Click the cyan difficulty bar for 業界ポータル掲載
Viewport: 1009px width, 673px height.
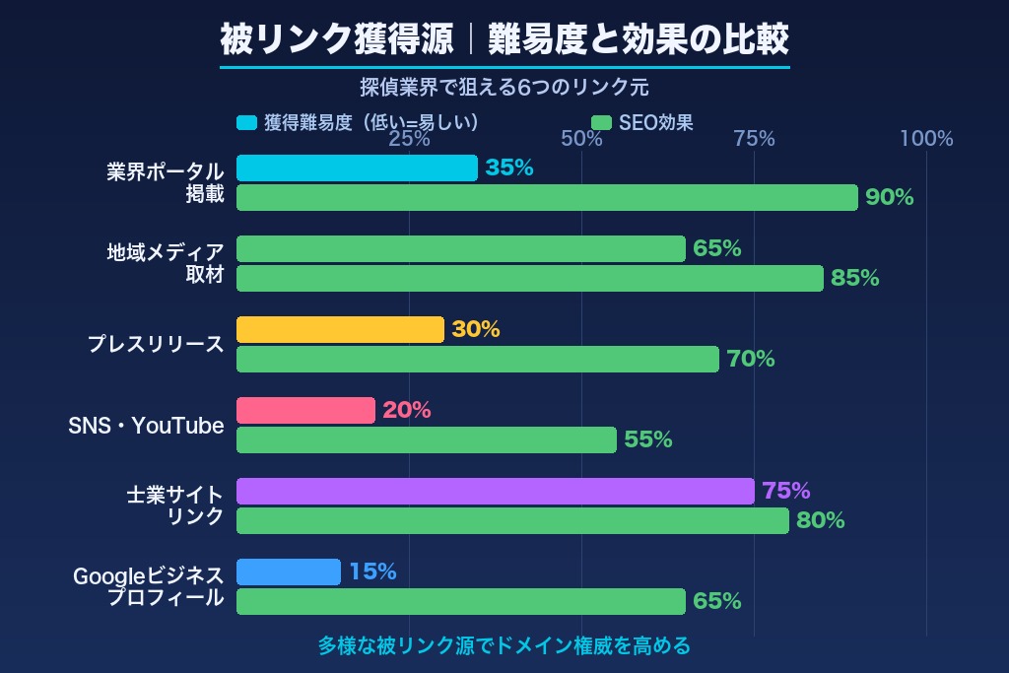[x=357, y=168]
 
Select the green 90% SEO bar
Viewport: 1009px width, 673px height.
[x=547, y=197]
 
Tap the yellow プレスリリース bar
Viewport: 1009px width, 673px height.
[x=340, y=330]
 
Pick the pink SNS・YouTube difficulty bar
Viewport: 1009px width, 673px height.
[x=305, y=411]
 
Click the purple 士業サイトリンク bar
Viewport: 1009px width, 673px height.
[x=495, y=491]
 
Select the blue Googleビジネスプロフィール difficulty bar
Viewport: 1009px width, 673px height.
[x=289, y=572]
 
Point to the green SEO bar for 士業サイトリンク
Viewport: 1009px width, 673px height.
[x=512, y=520]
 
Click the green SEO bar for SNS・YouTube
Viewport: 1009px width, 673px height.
[x=426, y=439]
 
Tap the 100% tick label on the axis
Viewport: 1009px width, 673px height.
[x=926, y=139]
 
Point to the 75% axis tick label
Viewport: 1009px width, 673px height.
[x=754, y=139]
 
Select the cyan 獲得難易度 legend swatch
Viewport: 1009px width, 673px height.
[x=246, y=123]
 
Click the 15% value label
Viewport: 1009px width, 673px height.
[x=372, y=572]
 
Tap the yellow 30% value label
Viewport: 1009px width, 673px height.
[x=476, y=330]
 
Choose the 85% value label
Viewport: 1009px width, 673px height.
[x=854, y=278]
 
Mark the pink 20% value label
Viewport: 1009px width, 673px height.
[x=407, y=411]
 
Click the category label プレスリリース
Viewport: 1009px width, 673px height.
[x=156, y=345]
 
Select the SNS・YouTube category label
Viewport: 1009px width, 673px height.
[x=146, y=426]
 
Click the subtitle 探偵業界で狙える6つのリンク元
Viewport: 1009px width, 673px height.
[x=504, y=87]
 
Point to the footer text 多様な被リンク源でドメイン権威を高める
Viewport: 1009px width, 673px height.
[x=504, y=646]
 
